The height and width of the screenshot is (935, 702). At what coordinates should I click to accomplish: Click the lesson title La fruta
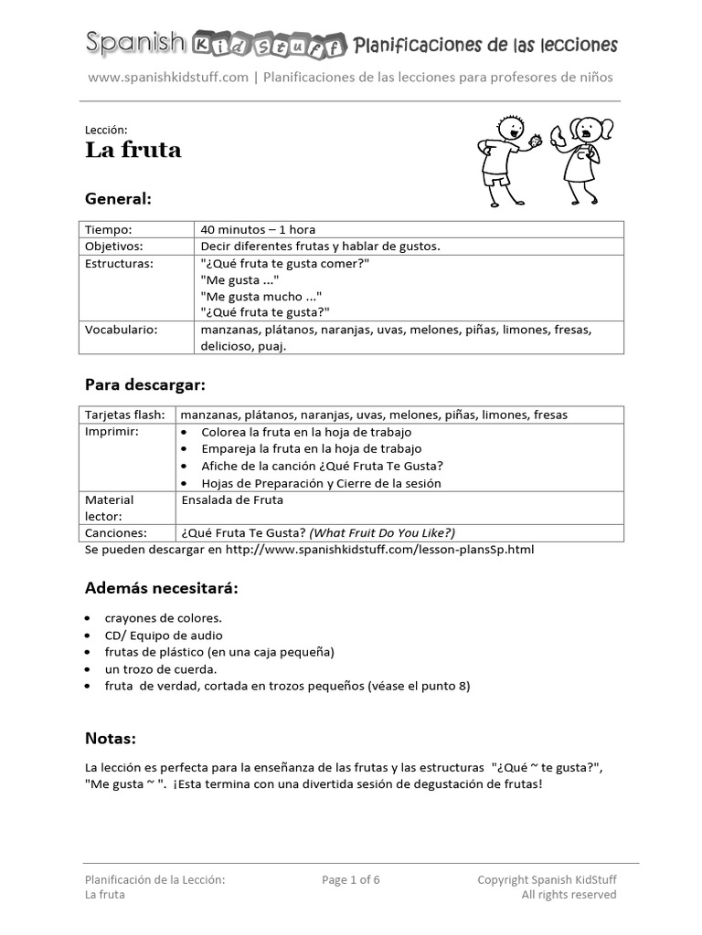[x=133, y=150]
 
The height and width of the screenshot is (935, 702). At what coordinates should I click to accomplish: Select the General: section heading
[x=118, y=198]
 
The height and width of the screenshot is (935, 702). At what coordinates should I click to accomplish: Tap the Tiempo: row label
[x=109, y=229]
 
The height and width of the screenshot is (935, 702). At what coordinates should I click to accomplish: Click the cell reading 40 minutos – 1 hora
[x=258, y=229]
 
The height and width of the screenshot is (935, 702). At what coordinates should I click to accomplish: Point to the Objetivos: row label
[x=114, y=247]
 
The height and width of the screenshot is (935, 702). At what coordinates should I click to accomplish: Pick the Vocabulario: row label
[x=121, y=330]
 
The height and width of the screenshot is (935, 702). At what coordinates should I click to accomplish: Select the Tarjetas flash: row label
[x=125, y=415]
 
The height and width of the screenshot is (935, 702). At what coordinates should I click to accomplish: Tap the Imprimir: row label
[x=112, y=431]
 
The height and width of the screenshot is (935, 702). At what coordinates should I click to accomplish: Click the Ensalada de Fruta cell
[x=233, y=499]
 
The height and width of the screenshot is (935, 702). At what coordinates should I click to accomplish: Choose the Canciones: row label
[x=116, y=532]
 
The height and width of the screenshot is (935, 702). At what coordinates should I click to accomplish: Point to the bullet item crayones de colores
[x=163, y=618]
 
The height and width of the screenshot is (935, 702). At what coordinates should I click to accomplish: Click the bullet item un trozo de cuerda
[x=160, y=669]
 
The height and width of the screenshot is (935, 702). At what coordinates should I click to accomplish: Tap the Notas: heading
[x=111, y=738]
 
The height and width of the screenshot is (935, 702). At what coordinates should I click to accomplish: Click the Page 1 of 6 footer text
[x=351, y=880]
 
